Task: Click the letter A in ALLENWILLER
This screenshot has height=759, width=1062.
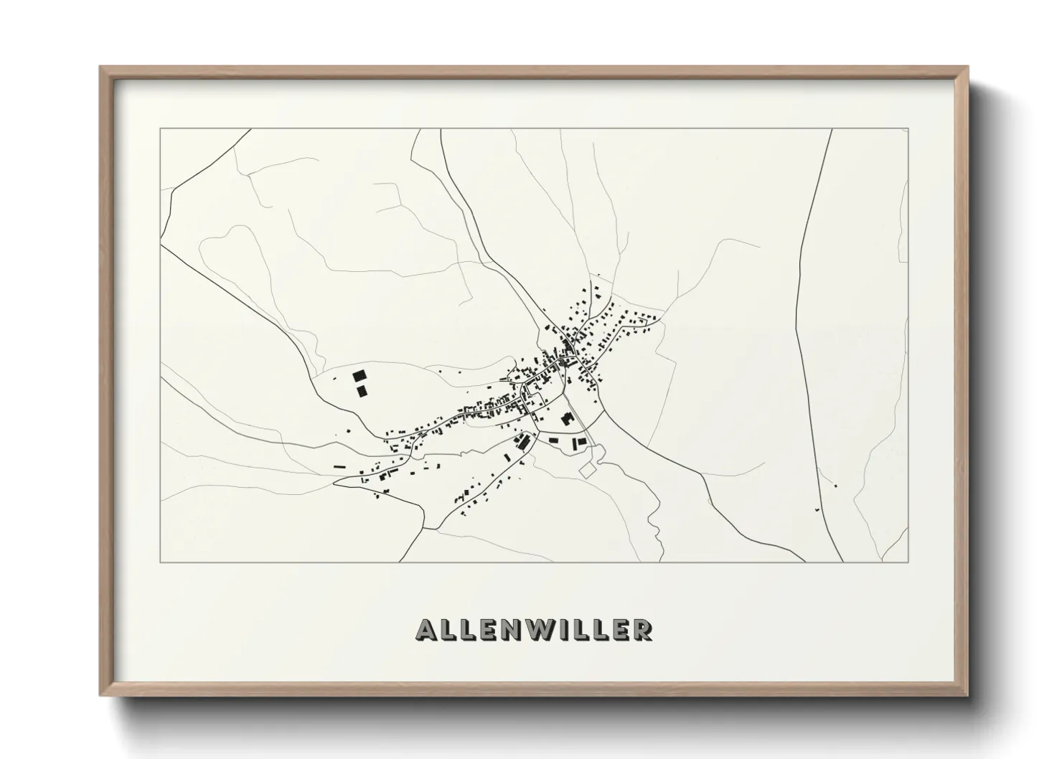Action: tap(426, 629)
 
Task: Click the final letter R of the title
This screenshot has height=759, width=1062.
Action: tap(643, 629)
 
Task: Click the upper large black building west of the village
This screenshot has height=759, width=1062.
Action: tap(359, 375)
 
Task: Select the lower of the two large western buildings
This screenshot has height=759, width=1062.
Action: tap(362, 390)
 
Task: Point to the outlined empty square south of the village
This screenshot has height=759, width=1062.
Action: tap(588, 470)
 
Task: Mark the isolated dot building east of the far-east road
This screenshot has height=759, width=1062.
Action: tap(836, 486)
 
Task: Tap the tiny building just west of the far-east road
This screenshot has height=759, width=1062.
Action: tap(816, 509)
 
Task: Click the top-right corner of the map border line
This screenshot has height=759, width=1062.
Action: tap(908, 129)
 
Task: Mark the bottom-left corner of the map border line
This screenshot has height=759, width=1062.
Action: tap(160, 562)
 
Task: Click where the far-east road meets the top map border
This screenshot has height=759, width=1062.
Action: tap(831, 129)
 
